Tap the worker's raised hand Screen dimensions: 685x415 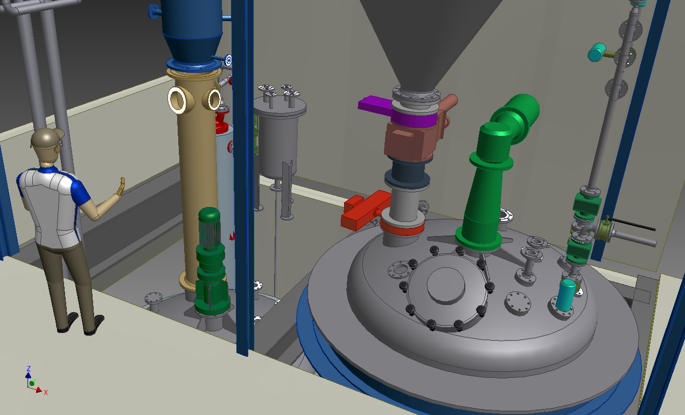pos(120,186)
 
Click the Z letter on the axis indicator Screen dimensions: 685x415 pos(29,369)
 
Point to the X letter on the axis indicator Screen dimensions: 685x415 pos(46,392)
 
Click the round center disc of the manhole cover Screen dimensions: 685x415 pos(446,286)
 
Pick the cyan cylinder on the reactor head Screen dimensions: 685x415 pos(566,295)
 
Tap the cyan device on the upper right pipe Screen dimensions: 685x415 pos(597,52)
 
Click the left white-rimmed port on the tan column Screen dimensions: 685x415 pos(177,100)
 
